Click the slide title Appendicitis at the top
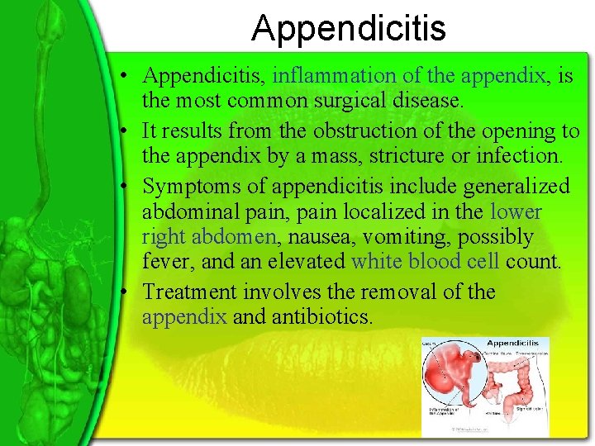pos(348,28)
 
